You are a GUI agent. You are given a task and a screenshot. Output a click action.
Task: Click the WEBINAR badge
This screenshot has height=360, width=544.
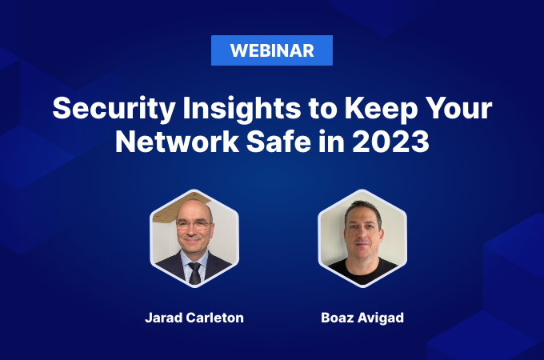(x=272, y=50)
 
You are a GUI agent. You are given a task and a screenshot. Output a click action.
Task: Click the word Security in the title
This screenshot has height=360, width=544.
(x=114, y=109)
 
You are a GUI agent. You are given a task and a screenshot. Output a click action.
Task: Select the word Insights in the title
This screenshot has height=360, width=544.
(x=242, y=109)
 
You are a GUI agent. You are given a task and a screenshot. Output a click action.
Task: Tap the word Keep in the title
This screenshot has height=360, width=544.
(x=381, y=109)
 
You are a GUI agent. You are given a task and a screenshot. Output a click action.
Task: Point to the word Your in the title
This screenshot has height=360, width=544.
(x=458, y=108)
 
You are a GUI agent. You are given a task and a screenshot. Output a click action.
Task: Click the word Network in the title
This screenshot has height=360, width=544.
(x=177, y=141)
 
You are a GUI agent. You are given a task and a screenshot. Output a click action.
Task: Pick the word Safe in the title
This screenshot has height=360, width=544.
(x=278, y=141)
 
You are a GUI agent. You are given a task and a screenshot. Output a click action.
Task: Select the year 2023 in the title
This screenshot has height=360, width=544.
(x=391, y=141)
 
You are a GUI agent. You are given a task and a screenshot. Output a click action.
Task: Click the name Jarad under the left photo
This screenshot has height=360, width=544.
(x=163, y=318)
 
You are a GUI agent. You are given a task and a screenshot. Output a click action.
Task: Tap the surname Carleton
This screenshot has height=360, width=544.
(x=214, y=318)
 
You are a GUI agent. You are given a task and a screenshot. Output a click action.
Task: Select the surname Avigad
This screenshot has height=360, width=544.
(x=381, y=318)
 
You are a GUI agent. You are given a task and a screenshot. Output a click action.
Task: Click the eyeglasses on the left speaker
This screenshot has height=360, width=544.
(x=193, y=226)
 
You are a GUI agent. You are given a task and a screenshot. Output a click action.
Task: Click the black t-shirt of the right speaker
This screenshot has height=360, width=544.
(x=362, y=271)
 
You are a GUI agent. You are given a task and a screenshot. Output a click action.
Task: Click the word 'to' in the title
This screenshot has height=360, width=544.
(x=322, y=110)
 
